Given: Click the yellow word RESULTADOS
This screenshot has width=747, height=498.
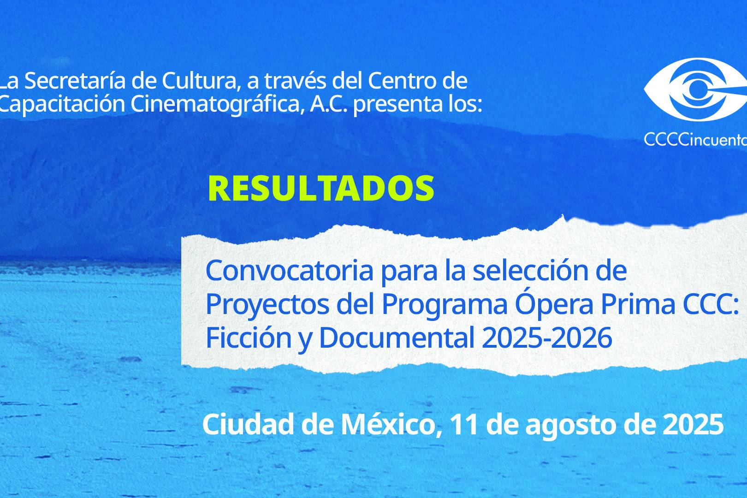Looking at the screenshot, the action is pos(321,188).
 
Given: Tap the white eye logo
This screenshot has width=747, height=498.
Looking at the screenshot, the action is pos(695,89).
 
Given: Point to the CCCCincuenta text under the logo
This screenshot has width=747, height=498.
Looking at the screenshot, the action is pos(695,139).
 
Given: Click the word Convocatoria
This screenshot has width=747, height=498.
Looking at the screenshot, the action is pos(290,271).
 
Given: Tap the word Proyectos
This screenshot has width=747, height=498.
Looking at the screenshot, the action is pos(267,305).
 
